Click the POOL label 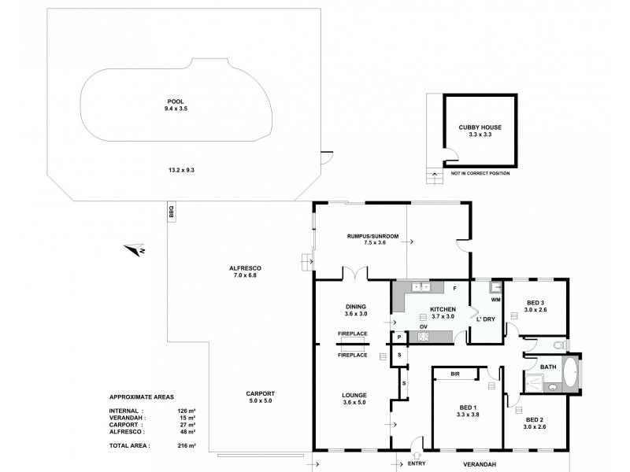click(x=176, y=101)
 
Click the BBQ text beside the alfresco click(x=170, y=212)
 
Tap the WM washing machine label click(x=496, y=300)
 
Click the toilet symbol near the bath click(x=560, y=345)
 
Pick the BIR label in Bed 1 click(x=455, y=374)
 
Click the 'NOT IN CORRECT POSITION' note click(x=480, y=173)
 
